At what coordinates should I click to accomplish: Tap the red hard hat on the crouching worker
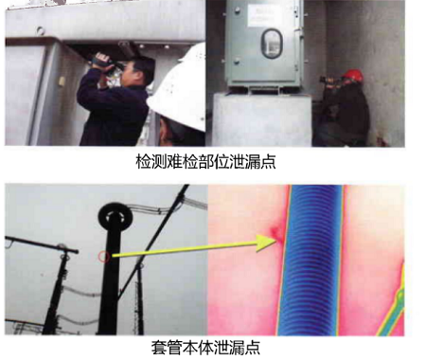click(x=353, y=76)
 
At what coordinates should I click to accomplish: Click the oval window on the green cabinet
click(x=271, y=44)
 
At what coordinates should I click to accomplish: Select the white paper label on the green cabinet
click(x=265, y=15)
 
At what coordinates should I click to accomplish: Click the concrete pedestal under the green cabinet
click(x=262, y=120)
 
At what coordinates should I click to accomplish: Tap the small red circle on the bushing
click(x=103, y=257)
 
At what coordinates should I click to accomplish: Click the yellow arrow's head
click(x=267, y=243)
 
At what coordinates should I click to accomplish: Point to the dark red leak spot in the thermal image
click(x=277, y=233)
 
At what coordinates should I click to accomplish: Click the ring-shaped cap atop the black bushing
click(x=115, y=217)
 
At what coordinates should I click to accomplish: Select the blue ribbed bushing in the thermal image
click(x=311, y=260)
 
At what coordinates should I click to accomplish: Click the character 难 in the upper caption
click(x=175, y=162)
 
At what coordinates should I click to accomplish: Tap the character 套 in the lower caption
click(x=159, y=347)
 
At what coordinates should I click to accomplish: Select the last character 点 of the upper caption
click(x=268, y=162)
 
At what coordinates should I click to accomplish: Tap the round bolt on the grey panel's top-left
click(x=41, y=30)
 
